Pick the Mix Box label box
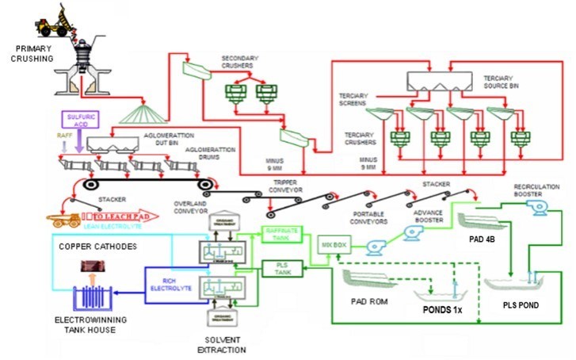334,245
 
